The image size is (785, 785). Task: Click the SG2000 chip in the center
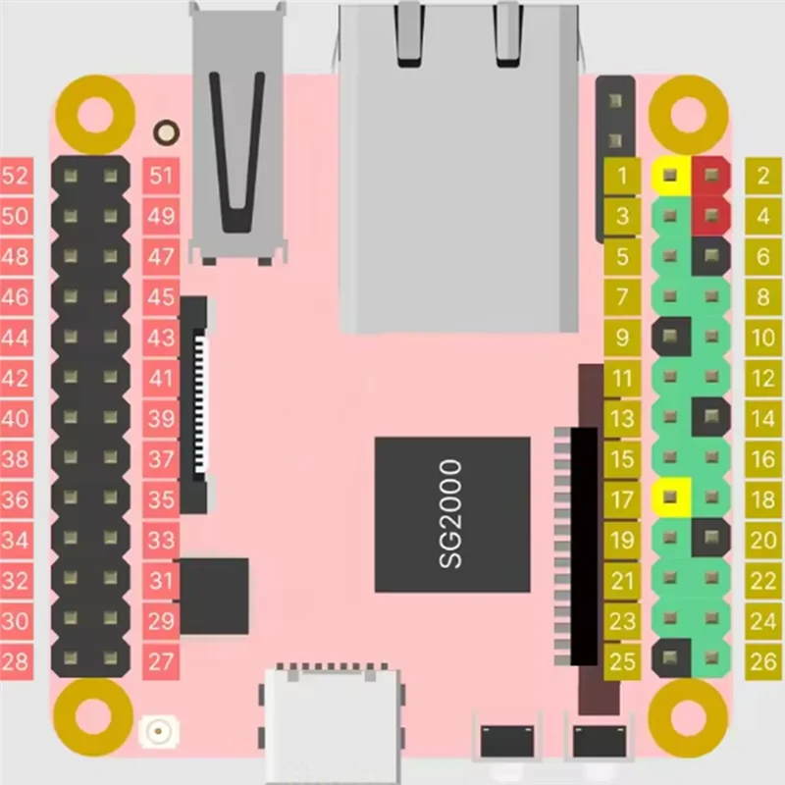452,515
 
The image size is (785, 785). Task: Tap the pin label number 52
16,177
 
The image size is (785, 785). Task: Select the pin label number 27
161,660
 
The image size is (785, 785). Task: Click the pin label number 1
622,177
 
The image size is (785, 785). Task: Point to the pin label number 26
763,660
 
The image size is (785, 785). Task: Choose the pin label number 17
622,499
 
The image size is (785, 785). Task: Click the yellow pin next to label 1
670,177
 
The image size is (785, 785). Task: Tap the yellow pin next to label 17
670,497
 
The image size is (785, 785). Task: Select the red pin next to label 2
711,177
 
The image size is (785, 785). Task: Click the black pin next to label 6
711,257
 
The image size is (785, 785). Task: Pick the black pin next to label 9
670,338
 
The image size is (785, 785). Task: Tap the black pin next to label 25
670,656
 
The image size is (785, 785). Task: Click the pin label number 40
16,418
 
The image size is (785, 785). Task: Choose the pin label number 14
763,419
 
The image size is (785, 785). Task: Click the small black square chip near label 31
214,596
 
